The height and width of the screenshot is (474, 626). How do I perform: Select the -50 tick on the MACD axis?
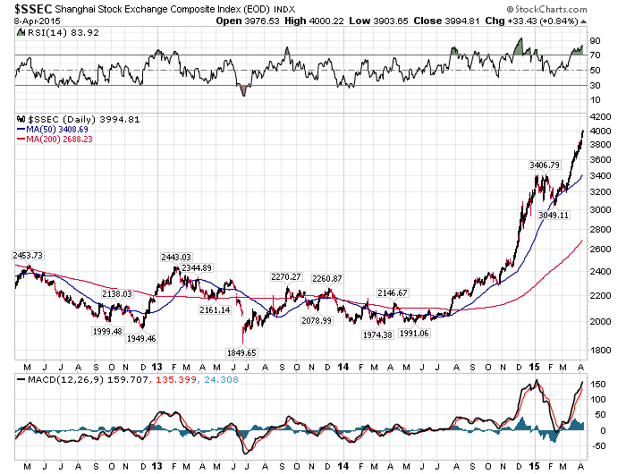[596, 444]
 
